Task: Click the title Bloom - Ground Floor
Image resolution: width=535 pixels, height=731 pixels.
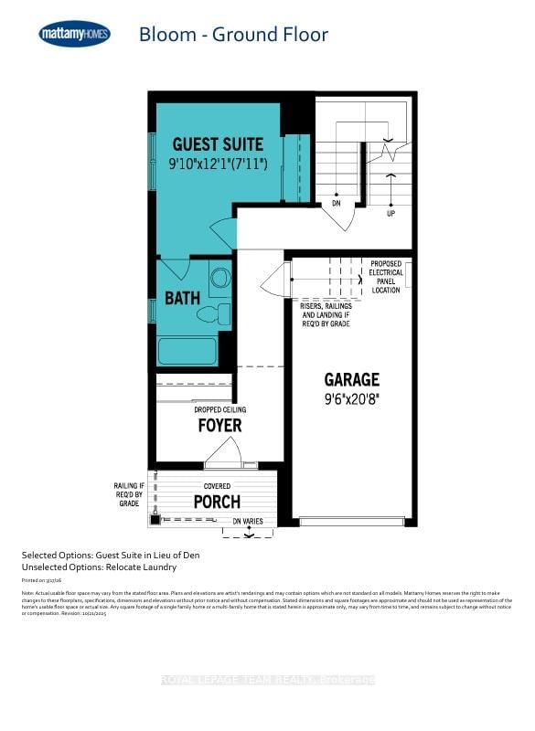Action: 233,36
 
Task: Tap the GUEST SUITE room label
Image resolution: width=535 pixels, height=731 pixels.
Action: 218,144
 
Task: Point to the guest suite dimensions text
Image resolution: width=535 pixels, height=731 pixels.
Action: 218,164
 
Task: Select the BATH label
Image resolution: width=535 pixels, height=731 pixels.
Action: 183,298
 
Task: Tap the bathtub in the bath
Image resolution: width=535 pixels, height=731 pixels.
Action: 187,352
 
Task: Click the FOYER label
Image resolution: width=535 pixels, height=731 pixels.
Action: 220,425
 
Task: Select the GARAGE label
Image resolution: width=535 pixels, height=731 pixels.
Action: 352,379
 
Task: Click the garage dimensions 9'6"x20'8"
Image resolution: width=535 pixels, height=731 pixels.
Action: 352,398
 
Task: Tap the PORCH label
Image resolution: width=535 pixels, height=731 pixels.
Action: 217,502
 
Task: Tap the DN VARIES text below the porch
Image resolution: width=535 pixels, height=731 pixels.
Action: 248,521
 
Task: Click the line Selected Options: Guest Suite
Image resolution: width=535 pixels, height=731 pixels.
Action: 111,555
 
